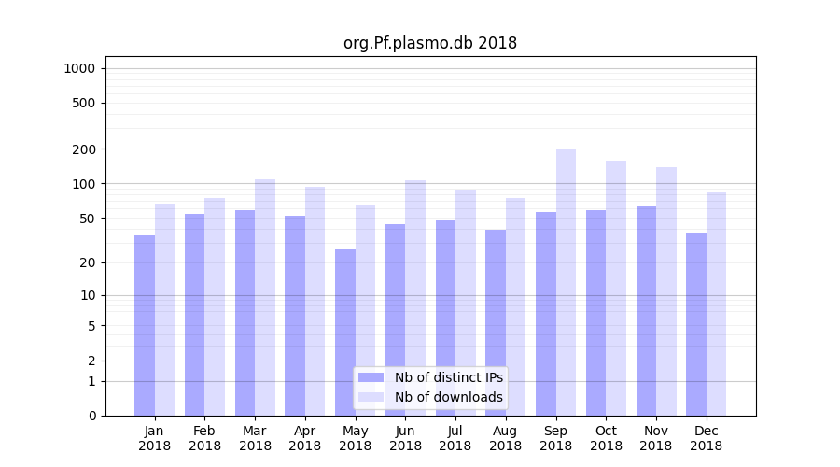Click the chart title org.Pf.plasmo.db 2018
point(429,43)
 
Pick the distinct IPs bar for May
point(345,333)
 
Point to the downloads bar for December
point(716,304)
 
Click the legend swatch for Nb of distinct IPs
point(371,377)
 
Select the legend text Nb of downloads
point(448,397)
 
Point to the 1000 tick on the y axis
point(79,68)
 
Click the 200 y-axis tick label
point(84,149)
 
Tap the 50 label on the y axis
point(87,219)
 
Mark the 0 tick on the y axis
point(91,416)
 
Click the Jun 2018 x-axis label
point(405,438)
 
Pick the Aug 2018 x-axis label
point(505,438)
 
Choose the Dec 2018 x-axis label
point(706,438)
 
